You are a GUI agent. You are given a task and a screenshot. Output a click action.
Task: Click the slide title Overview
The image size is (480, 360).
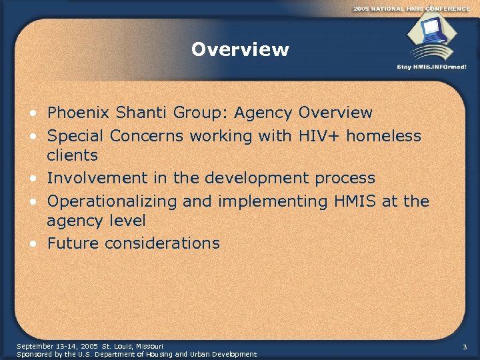[240, 50]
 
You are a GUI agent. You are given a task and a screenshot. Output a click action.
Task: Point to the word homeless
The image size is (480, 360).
[383, 136]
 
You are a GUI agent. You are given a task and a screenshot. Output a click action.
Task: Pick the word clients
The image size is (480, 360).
[72, 156]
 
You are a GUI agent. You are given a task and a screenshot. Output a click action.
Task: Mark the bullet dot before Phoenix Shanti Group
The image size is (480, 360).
[34, 113]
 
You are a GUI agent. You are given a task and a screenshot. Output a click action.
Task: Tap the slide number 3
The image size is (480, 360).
[465, 346]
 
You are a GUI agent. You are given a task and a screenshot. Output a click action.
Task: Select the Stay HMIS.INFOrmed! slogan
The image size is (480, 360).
[431, 67]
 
